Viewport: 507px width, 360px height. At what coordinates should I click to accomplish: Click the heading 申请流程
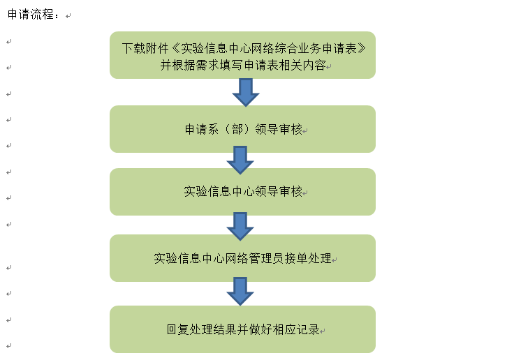(31, 15)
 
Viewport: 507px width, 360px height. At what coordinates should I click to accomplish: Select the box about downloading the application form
(242, 55)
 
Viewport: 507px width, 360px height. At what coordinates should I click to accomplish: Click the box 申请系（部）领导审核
(242, 129)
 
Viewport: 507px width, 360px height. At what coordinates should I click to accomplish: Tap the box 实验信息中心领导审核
(242, 192)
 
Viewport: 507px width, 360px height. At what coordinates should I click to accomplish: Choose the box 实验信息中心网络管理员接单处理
(242, 258)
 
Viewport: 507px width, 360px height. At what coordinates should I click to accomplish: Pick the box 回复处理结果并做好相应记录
(242, 329)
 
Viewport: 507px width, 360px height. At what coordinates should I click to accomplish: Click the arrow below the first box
(246, 92)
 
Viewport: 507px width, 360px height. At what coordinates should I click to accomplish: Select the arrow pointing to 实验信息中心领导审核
(240, 160)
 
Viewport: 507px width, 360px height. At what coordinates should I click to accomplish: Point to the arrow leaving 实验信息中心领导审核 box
(240, 227)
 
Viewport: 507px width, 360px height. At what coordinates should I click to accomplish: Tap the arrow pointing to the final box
(240, 291)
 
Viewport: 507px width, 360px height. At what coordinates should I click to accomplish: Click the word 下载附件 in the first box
(145, 48)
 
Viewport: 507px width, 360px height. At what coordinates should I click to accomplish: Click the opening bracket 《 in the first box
(175, 48)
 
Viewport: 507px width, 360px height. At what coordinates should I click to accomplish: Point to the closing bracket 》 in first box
(362, 48)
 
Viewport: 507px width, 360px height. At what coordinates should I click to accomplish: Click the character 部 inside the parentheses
(237, 129)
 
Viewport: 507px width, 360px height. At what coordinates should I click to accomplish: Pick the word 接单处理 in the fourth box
(308, 259)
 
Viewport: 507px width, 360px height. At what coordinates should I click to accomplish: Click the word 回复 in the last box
(178, 329)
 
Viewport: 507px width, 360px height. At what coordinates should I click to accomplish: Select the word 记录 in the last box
(308, 329)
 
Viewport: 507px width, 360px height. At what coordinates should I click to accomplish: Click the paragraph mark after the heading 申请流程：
(68, 16)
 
